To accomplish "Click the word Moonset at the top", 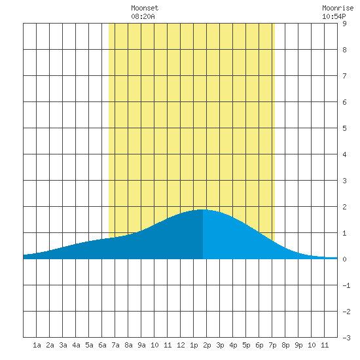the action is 145,8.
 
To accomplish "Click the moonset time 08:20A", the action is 143,16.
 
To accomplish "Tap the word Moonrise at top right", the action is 338,8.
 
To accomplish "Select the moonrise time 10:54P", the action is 334,16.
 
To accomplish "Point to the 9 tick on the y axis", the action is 344,24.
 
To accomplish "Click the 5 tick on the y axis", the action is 344,128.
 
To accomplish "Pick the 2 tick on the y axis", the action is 344,207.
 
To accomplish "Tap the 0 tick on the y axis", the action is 344,259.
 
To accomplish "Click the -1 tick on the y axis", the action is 346,285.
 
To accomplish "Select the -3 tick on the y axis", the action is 346,338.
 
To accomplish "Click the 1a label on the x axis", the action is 37,345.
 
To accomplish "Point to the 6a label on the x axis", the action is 102,345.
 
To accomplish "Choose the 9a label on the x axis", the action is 141,345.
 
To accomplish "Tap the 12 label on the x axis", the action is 181,345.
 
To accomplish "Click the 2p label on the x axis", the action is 207,345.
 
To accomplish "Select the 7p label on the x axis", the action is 272,345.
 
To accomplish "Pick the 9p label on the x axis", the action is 298,345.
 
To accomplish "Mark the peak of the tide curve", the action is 203,209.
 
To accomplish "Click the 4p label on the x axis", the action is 233,345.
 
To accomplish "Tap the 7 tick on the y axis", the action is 344,76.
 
